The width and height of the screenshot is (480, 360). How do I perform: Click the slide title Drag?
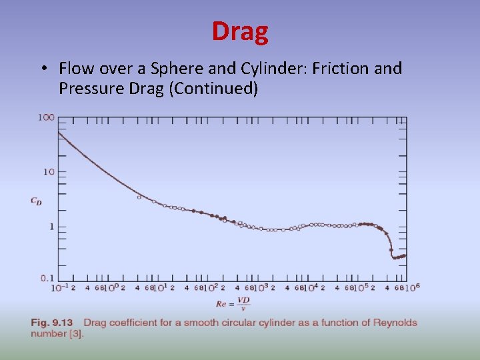[240, 31]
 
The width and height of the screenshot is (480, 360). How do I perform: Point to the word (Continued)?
[213, 89]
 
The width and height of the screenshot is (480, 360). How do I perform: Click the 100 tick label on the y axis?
[46, 118]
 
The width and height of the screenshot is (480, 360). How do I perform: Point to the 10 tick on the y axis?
[49, 172]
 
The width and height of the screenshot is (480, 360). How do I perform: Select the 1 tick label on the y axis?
[52, 227]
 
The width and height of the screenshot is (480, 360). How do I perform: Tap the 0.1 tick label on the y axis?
[47, 278]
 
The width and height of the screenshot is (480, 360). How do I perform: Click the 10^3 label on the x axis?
[261, 287]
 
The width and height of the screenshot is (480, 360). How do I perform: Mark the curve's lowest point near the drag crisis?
[394, 257]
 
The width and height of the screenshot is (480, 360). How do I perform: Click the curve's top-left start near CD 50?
[59, 133]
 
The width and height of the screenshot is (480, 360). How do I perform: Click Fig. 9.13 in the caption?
[51, 323]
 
